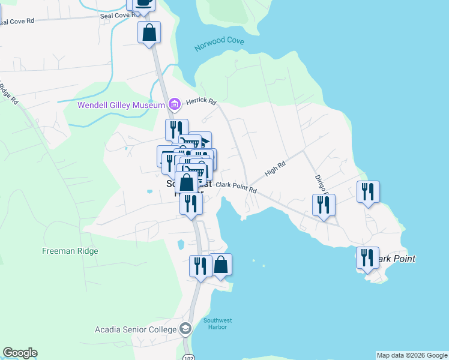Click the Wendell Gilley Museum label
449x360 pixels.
coord(121,105)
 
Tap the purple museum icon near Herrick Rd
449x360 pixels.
coord(174,105)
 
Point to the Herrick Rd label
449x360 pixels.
coord(200,102)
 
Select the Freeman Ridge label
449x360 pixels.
coord(70,251)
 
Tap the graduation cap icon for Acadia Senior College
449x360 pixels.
coord(185,329)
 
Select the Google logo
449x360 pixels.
coord(20,353)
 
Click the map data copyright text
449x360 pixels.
coord(412,355)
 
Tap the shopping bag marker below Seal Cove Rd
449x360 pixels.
coord(149,32)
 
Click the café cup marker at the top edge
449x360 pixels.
coord(144,4)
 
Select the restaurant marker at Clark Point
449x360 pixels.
coord(367,258)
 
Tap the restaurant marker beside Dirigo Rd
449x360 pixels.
coord(324,205)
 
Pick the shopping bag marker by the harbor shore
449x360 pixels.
coord(221,264)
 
